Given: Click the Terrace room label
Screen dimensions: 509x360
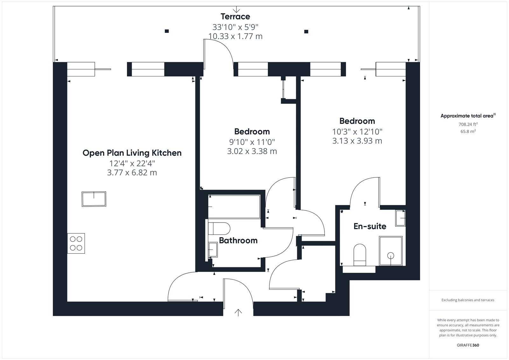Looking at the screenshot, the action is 235,17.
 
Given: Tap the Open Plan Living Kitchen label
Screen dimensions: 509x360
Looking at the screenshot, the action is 132,153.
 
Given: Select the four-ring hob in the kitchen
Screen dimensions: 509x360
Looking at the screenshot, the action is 76,243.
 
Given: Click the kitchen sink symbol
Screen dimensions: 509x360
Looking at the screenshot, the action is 94,199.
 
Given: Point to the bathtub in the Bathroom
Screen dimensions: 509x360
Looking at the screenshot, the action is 234,207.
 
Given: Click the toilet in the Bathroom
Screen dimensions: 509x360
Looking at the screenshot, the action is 219,229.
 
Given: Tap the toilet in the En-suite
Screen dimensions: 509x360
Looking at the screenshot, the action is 360,255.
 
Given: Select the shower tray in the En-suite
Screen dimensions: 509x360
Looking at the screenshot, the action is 391,251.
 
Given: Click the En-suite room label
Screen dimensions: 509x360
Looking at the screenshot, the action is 370,226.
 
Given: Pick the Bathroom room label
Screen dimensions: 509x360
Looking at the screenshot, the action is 238,240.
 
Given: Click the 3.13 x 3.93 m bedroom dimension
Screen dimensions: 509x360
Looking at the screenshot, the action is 357,141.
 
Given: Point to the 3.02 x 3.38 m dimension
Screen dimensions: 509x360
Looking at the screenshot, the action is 252,151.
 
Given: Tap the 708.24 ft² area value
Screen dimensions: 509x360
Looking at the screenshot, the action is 468,124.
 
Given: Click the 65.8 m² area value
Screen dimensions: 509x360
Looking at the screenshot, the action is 468,131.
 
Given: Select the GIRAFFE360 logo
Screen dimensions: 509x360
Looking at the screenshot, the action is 468,345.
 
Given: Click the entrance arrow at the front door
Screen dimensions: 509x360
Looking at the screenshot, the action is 238,313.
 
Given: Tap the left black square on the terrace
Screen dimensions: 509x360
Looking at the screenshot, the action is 167,31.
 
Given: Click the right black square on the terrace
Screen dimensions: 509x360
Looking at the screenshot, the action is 306,32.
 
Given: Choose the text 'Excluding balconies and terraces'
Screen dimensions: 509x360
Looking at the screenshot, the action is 468,300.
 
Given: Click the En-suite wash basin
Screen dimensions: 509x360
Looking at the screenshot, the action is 401,218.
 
